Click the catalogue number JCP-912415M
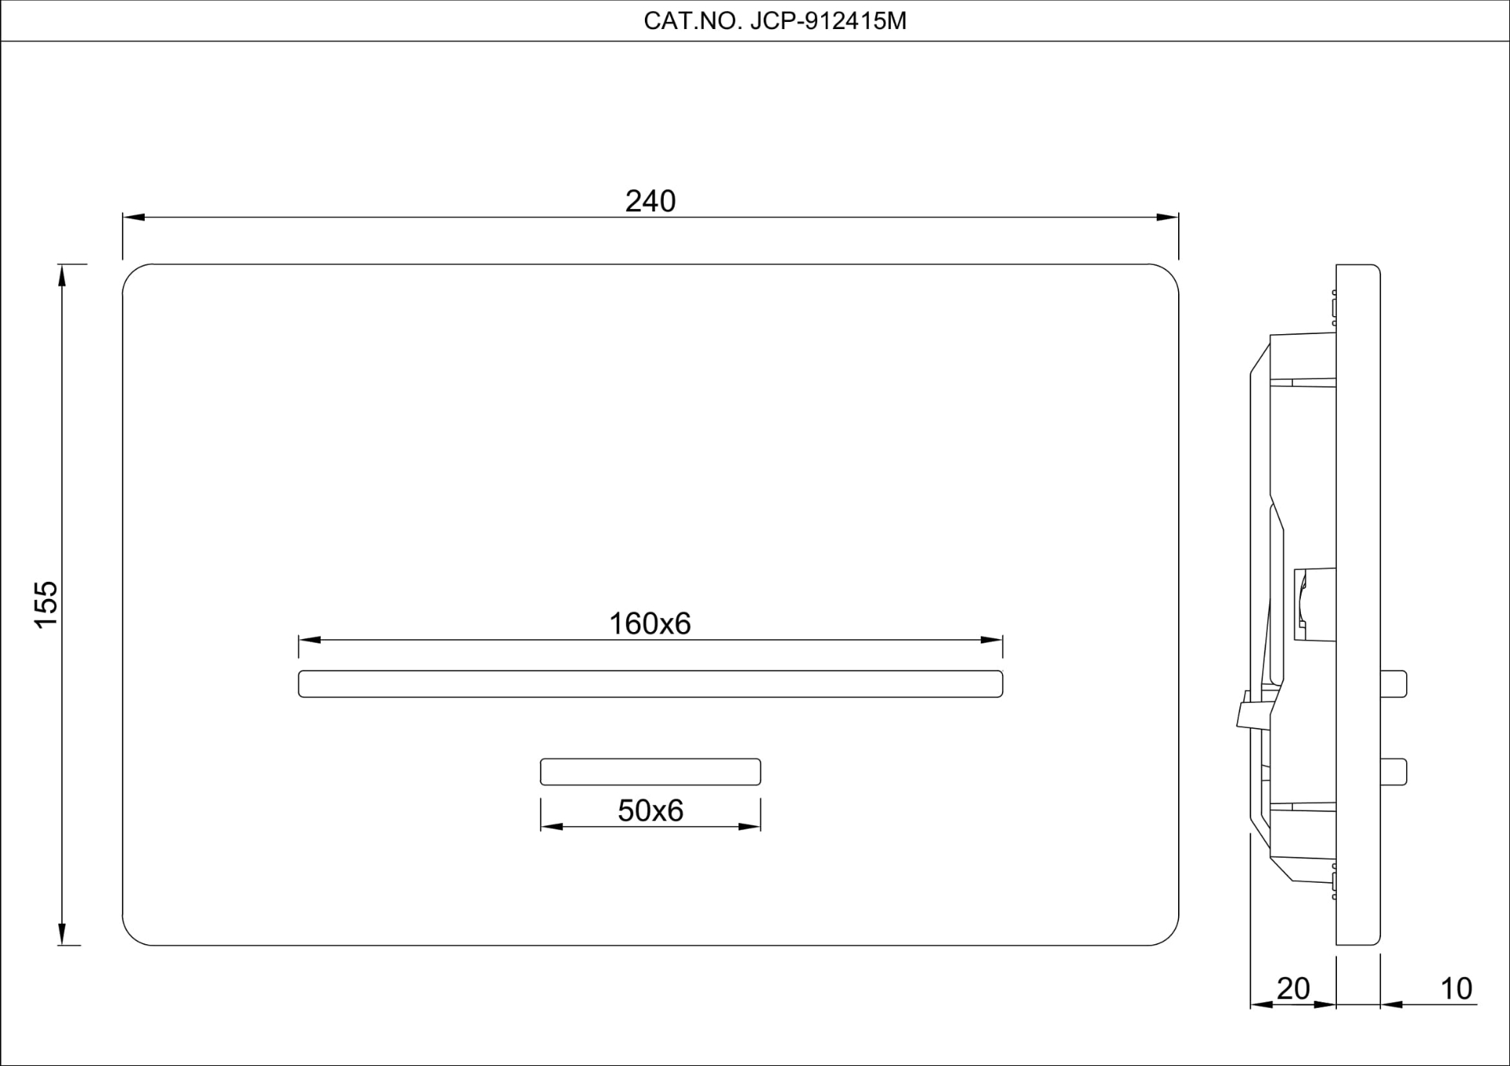(x=828, y=21)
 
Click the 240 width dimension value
(x=650, y=201)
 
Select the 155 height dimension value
(x=46, y=604)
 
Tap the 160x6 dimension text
(x=650, y=623)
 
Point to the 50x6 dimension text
(x=650, y=811)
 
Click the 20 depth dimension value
(x=1293, y=988)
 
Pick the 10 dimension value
(x=1456, y=988)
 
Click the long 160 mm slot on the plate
(x=650, y=684)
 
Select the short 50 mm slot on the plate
(x=650, y=772)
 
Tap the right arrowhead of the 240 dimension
(x=1168, y=218)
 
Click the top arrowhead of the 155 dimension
(x=61, y=275)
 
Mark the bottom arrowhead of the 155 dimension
(x=61, y=934)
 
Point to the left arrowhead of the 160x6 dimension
(x=309, y=640)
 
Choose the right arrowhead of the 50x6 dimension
(x=750, y=826)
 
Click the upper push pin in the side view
(x=1394, y=684)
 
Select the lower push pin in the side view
(x=1394, y=772)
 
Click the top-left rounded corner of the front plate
(x=131, y=274)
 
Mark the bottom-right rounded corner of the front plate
(x=1169, y=936)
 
